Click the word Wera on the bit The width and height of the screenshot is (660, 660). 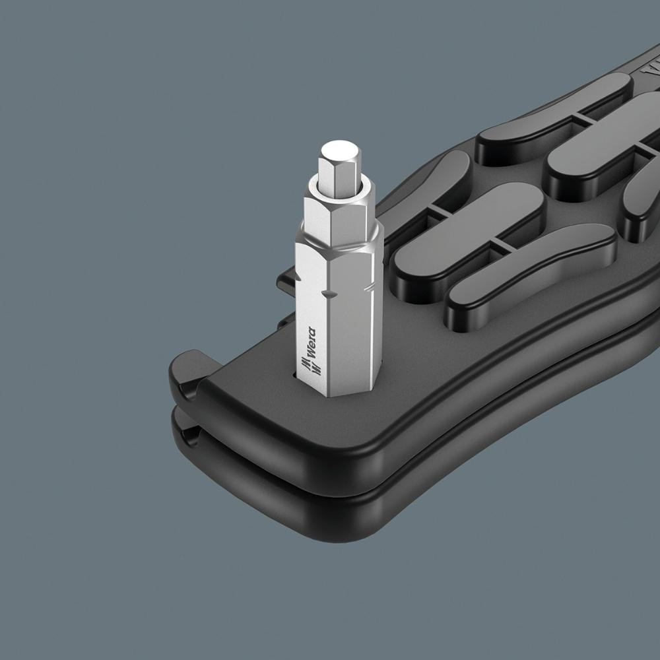click(312, 343)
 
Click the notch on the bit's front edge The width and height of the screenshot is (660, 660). click(327, 293)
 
